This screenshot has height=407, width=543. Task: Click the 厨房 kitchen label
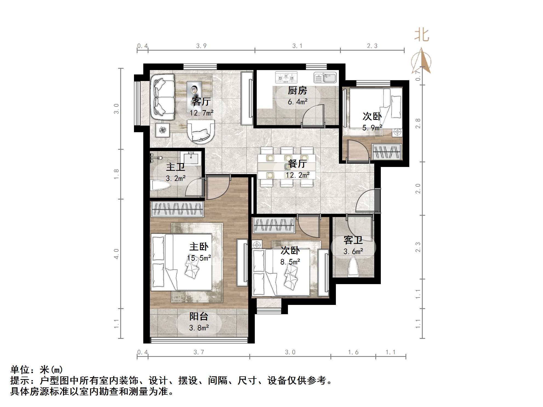click(297, 90)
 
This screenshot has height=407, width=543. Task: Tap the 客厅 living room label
click(201, 102)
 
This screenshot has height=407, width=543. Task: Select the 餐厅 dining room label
click(298, 164)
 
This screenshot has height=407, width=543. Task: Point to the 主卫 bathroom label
click(176, 167)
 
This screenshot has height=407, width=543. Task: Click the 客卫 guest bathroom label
click(353, 240)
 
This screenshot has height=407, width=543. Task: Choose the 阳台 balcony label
click(199, 316)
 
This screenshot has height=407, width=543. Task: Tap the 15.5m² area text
click(199, 258)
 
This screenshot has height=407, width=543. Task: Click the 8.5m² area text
click(290, 262)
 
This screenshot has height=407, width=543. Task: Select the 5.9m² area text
click(372, 128)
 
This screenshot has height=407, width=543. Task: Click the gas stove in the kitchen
click(286, 77)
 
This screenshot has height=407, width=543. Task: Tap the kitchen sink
click(325, 77)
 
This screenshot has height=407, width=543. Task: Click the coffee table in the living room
click(194, 94)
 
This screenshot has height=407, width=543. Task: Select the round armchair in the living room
click(201, 132)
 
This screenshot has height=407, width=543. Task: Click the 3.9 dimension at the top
click(201, 46)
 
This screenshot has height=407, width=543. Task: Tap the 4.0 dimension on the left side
click(116, 254)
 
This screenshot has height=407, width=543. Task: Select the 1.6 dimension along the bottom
click(353, 352)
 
